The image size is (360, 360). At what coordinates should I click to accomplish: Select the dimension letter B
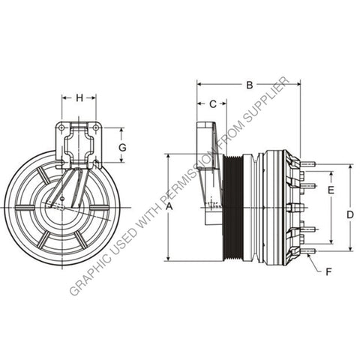pyautogui.click(x=249, y=85)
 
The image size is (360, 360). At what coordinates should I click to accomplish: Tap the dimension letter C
pyautogui.click(x=212, y=103)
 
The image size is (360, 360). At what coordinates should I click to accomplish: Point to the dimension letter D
pyautogui.click(x=349, y=214)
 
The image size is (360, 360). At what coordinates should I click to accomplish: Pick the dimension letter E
pyautogui.click(x=330, y=191)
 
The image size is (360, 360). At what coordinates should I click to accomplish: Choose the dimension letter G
pyautogui.click(x=122, y=148)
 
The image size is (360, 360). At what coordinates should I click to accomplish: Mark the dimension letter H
pyautogui.click(x=79, y=97)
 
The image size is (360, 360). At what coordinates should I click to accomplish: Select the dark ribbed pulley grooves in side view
pyautogui.click(x=233, y=207)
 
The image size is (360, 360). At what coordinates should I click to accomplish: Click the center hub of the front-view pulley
pyautogui.click(x=61, y=208)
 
